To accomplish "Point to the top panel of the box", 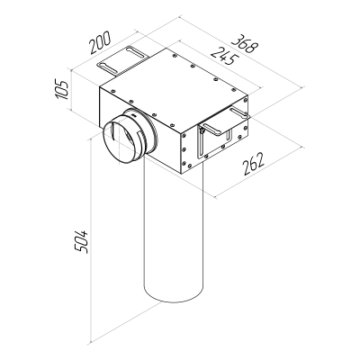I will pyautogui.click(x=171, y=85).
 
